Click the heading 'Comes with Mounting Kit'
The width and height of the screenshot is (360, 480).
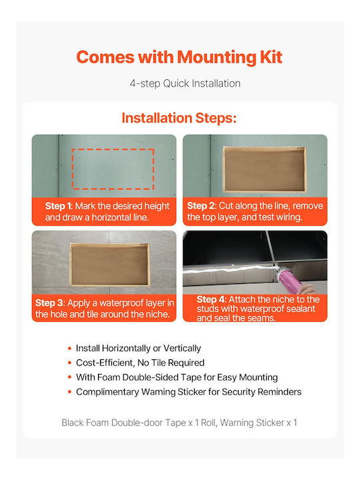[x=179, y=57]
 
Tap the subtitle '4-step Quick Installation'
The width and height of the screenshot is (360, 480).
[x=185, y=83]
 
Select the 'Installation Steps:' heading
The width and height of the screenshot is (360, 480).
[x=179, y=118]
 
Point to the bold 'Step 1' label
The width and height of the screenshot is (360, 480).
[x=58, y=206]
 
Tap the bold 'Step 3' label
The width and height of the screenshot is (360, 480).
[x=49, y=303]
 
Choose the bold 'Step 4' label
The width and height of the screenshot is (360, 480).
[x=211, y=299]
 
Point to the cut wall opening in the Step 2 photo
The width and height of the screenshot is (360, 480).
[x=265, y=169]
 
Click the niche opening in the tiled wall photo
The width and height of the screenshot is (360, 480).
[x=109, y=265]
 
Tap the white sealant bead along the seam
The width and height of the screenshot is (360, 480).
[x=229, y=269]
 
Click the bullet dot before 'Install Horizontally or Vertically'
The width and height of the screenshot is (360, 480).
[x=70, y=349]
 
